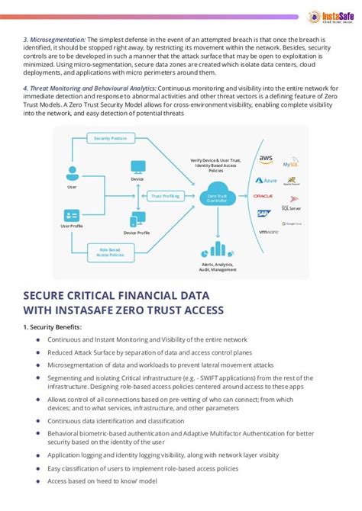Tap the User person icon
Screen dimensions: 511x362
[72, 172]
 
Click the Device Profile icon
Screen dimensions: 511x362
[137, 220]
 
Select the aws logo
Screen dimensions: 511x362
[265, 159]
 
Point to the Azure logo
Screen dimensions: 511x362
[266, 180]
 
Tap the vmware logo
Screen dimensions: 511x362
[268, 232]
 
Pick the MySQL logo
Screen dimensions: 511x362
[291, 163]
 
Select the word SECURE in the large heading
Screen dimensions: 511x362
[51, 294]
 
